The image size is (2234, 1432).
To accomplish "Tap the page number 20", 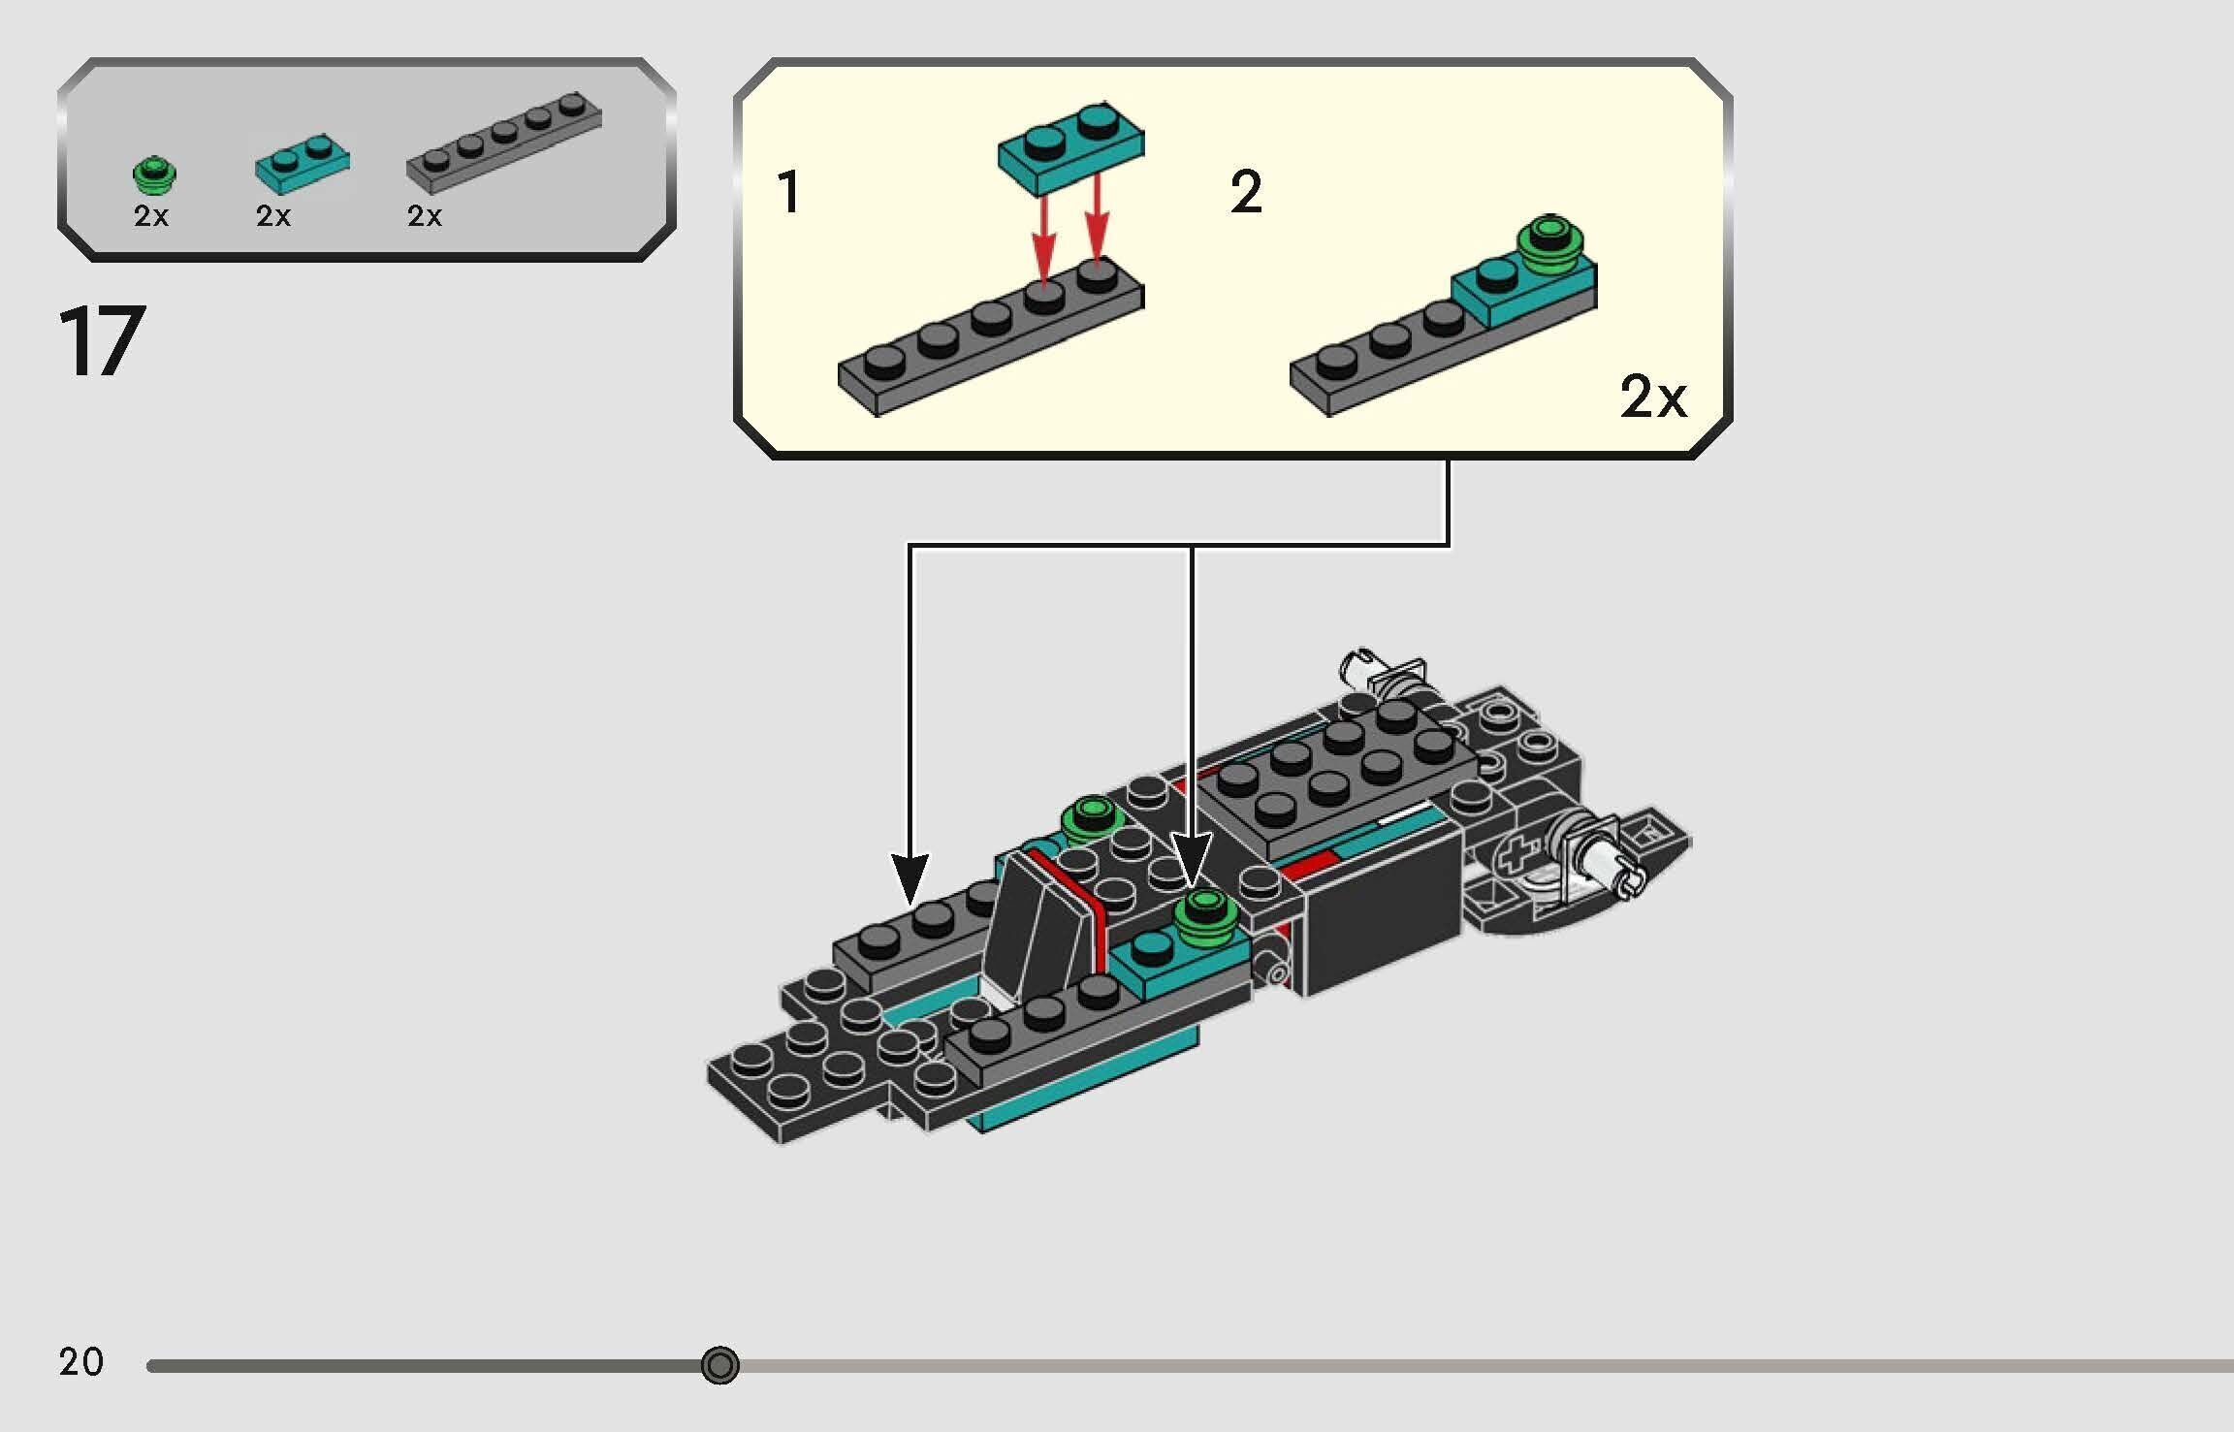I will pos(80,1361).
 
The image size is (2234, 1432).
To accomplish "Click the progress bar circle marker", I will pos(719,1365).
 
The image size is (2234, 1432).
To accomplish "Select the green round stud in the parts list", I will pos(154,175).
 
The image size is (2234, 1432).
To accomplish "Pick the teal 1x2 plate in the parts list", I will pos(303,165).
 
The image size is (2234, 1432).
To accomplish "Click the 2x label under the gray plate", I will pos(425,215).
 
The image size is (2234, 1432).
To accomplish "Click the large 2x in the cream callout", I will pos(1653,396).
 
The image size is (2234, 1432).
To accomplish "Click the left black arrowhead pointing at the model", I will pos(910,877).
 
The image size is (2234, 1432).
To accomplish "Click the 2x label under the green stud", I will pos(151,215).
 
